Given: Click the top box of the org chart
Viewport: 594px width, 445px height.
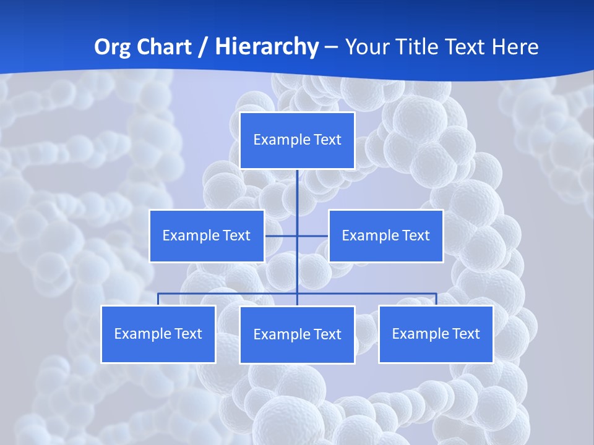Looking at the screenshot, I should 297,140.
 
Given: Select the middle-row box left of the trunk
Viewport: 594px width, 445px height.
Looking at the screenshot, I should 207,235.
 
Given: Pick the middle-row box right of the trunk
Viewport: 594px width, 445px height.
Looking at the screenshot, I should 385,235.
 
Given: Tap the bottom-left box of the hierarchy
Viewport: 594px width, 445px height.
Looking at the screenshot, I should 158,334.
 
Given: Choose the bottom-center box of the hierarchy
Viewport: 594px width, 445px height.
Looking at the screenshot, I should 297,334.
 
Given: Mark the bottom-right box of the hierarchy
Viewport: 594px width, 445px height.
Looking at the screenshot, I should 436,334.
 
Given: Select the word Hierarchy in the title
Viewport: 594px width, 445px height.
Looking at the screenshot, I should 267,47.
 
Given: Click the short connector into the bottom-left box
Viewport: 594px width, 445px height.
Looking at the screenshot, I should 158,299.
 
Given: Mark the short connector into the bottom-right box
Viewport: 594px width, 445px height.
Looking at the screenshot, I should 436,299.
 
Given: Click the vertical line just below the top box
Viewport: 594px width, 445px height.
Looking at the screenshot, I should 297,185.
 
